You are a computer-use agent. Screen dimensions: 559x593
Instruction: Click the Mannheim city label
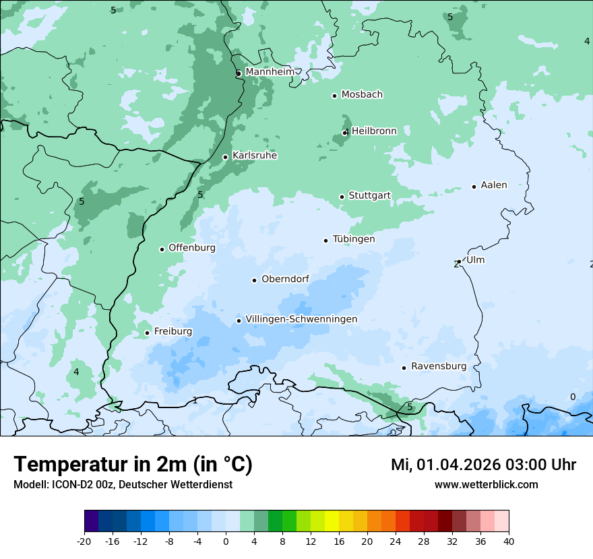click(x=270, y=72)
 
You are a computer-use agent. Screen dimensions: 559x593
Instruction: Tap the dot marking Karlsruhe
click(x=226, y=157)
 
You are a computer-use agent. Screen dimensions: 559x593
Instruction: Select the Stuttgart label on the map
click(x=369, y=195)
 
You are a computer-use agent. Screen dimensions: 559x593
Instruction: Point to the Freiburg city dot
click(x=147, y=333)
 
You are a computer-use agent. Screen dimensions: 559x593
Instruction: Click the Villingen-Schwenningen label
click(x=301, y=319)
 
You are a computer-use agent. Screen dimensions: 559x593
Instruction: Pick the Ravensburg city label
click(x=439, y=366)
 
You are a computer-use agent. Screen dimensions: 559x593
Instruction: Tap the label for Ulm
click(x=475, y=260)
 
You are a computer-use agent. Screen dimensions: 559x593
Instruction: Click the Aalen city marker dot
click(x=474, y=187)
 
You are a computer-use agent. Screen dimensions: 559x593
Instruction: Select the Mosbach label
click(x=362, y=95)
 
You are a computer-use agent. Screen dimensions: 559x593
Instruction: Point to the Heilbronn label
click(x=374, y=131)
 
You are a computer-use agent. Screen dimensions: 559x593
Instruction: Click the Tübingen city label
click(x=354, y=239)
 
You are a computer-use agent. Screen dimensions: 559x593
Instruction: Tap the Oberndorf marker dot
click(x=254, y=280)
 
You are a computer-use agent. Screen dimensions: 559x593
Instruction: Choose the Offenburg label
click(x=192, y=248)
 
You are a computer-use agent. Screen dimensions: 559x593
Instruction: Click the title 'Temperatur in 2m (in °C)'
click(x=133, y=465)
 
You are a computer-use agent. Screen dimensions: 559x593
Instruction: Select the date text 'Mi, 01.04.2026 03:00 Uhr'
click(x=483, y=465)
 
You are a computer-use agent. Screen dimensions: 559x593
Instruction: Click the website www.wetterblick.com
click(x=486, y=484)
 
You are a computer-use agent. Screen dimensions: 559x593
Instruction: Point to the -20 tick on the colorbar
click(x=84, y=541)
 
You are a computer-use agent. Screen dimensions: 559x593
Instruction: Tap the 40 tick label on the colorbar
click(x=509, y=541)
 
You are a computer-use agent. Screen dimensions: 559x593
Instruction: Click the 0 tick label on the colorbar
click(x=226, y=541)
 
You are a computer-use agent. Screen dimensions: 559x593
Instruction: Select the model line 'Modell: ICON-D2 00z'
click(x=123, y=484)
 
